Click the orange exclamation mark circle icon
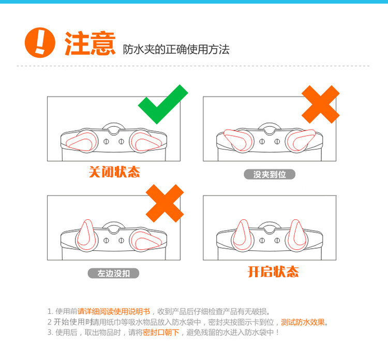40,42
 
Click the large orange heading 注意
90,43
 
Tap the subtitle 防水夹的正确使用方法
176,50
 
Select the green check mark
163,104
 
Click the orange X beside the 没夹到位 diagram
320,104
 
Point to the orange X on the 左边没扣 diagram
165,203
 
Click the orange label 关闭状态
114,172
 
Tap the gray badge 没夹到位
270,174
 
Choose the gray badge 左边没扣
114,274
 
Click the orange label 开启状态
273,272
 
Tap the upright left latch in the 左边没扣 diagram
86,234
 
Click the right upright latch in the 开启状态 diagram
297,234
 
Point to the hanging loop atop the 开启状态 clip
270,225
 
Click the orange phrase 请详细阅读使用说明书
114,311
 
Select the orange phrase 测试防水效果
303,322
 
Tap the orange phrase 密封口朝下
161,332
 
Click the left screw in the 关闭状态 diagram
106,142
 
